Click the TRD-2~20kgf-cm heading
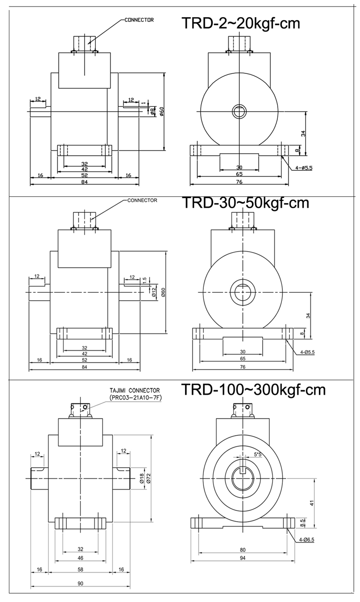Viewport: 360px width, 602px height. pyautogui.click(x=241, y=23)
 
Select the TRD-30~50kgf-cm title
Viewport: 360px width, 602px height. pyautogui.click(x=245, y=203)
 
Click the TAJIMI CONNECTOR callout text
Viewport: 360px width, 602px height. pyautogui.click(x=135, y=390)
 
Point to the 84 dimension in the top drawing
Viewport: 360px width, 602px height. pyautogui.click(x=85, y=181)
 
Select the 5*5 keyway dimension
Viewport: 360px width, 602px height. pyautogui.click(x=258, y=454)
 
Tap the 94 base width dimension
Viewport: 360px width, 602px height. pyautogui.click(x=243, y=558)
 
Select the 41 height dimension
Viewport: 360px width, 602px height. pyautogui.click(x=312, y=502)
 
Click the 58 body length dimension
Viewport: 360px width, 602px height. pyautogui.click(x=80, y=569)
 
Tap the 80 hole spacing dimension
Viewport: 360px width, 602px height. pyautogui.click(x=243, y=550)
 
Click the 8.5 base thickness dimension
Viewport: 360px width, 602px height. pyautogui.click(x=302, y=523)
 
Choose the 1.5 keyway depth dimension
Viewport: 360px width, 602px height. pyautogui.click(x=145, y=280)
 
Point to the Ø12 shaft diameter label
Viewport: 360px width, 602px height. pyautogui.click(x=154, y=292)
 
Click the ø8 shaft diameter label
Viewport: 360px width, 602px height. pyautogui.click(x=152, y=111)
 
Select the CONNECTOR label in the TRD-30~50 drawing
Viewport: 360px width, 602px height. pyautogui.click(x=142, y=200)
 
